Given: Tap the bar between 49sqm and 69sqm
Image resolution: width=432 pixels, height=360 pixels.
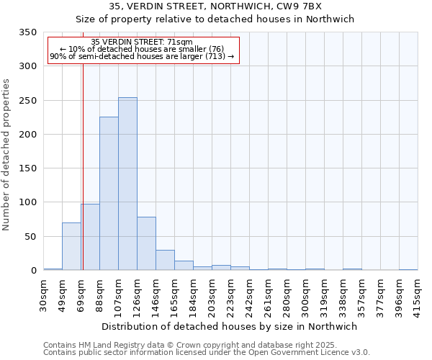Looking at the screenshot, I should coord(71,246).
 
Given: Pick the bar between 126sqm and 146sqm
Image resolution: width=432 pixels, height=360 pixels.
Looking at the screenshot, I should coord(146,243).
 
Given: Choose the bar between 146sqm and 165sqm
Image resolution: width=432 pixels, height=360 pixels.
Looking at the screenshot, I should coord(165,260).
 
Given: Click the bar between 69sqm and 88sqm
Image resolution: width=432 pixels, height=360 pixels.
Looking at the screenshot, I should coord(90,237).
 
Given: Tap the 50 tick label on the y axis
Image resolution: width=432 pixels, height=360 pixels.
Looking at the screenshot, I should coord(30,237).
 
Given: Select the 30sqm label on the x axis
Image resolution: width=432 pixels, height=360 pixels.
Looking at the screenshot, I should coord(44,294).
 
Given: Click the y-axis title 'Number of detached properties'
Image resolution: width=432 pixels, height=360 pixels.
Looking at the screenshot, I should coord(7,156).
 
